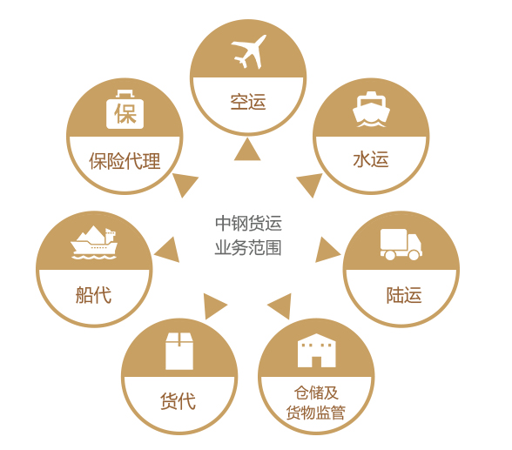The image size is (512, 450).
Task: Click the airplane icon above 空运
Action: point(248,51)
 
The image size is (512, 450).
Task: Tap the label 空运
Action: point(248,102)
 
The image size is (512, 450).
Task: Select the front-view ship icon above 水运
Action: point(371,110)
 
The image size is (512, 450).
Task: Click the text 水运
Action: point(371,159)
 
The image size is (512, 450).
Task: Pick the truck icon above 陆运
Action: point(401,245)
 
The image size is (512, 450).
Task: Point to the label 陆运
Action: point(404,295)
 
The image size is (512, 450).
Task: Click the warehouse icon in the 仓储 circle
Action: point(316,351)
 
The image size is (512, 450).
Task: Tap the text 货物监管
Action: point(316,413)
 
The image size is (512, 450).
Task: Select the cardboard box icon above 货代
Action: point(179,351)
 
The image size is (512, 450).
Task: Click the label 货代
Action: point(178,400)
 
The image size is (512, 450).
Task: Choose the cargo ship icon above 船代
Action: point(94,243)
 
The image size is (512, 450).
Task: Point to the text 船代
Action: point(94,295)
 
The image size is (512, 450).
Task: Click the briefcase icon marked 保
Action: point(125,110)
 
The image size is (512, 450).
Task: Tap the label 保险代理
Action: point(125,161)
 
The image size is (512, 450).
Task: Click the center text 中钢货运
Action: point(248,223)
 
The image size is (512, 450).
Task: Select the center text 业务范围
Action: point(248,248)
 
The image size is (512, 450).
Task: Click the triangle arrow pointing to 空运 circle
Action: point(247,149)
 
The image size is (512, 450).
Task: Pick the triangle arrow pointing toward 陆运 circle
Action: point(327,250)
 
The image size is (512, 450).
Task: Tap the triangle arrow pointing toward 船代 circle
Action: point(166,250)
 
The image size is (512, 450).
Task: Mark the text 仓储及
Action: point(316,393)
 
